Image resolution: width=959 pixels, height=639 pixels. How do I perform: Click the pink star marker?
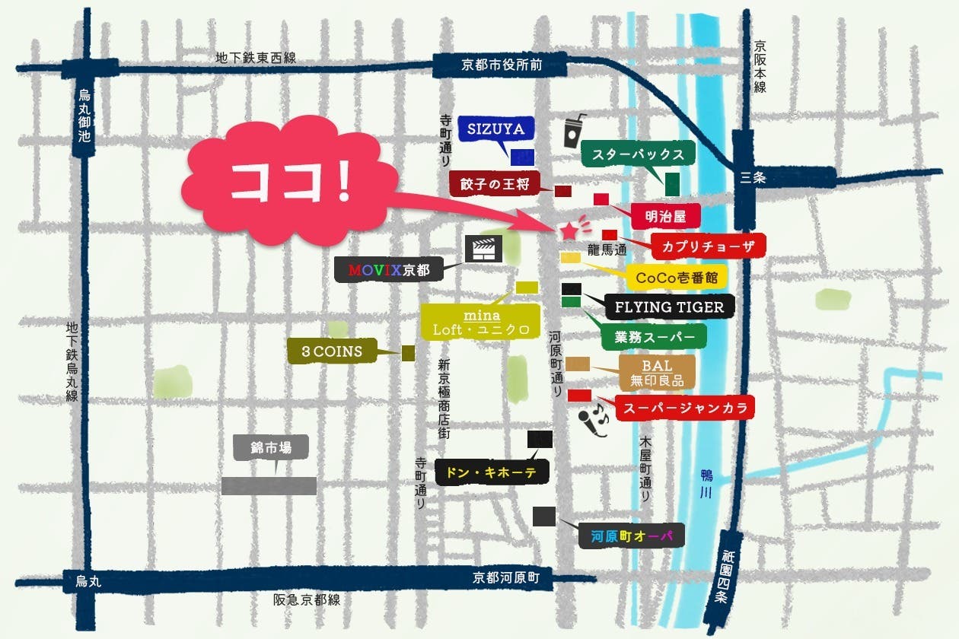click(x=569, y=230)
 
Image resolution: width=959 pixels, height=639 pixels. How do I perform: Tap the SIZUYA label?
click(x=495, y=129)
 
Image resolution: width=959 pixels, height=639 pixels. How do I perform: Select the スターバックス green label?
click(x=639, y=154)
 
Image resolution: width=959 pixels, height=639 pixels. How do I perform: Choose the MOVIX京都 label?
click(x=389, y=270)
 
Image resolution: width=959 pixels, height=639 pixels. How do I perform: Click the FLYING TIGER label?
click(x=670, y=307)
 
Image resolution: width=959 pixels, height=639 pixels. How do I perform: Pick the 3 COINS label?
click(x=332, y=351)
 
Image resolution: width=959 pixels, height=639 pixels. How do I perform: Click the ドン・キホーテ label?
click(x=491, y=472)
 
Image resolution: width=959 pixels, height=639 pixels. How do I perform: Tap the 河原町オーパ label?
click(x=632, y=536)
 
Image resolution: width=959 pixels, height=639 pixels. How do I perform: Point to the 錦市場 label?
click(x=271, y=447)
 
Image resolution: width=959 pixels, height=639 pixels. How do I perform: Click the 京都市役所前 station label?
click(x=501, y=65)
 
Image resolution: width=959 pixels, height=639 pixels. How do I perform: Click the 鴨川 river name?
click(x=706, y=484)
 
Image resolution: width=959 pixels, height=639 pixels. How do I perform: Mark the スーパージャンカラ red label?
click(x=684, y=407)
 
